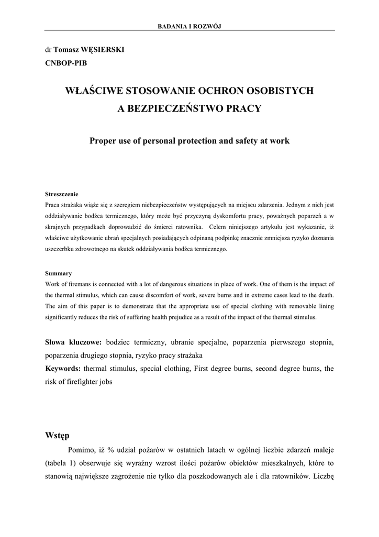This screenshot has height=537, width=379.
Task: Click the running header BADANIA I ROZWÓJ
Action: [189, 26]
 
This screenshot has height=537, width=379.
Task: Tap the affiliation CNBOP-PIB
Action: [66, 63]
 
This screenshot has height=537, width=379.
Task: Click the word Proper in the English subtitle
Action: [103, 141]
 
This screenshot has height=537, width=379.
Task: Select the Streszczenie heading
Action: [61, 194]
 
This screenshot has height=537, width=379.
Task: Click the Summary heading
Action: [58, 273]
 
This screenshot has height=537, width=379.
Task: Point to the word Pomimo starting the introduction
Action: [82, 450]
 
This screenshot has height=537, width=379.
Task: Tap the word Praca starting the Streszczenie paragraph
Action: [53, 205]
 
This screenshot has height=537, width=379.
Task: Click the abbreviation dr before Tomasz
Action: [48, 50]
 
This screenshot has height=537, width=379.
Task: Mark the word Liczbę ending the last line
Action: [322, 477]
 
